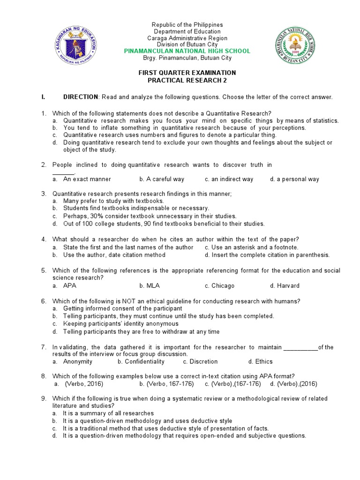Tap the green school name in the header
click(x=187, y=51)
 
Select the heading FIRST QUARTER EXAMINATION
click(x=187, y=73)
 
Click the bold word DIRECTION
click(x=81, y=97)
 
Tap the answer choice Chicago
click(x=223, y=285)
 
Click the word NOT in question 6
click(x=129, y=301)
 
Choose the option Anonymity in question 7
click(x=78, y=361)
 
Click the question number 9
click(x=43, y=398)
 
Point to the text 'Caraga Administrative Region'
click(x=187, y=38)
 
